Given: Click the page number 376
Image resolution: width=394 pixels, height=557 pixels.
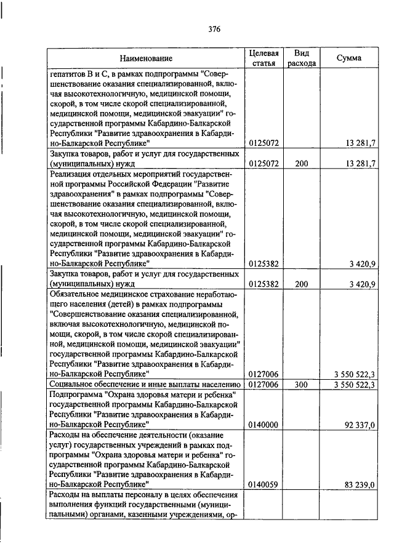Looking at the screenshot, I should (x=214, y=29).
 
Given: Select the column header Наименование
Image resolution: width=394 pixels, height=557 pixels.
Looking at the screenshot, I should (x=146, y=58).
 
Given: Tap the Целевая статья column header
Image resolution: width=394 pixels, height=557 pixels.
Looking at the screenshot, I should (x=263, y=58).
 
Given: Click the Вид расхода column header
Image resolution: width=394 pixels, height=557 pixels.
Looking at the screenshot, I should (x=301, y=58).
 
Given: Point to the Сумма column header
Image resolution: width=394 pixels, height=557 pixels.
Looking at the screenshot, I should (x=349, y=58).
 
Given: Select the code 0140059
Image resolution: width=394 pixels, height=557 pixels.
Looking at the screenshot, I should (x=263, y=484).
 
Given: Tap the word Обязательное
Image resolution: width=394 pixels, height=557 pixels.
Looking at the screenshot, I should (x=76, y=294).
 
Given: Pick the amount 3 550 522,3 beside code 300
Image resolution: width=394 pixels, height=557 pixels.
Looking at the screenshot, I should (x=355, y=384).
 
